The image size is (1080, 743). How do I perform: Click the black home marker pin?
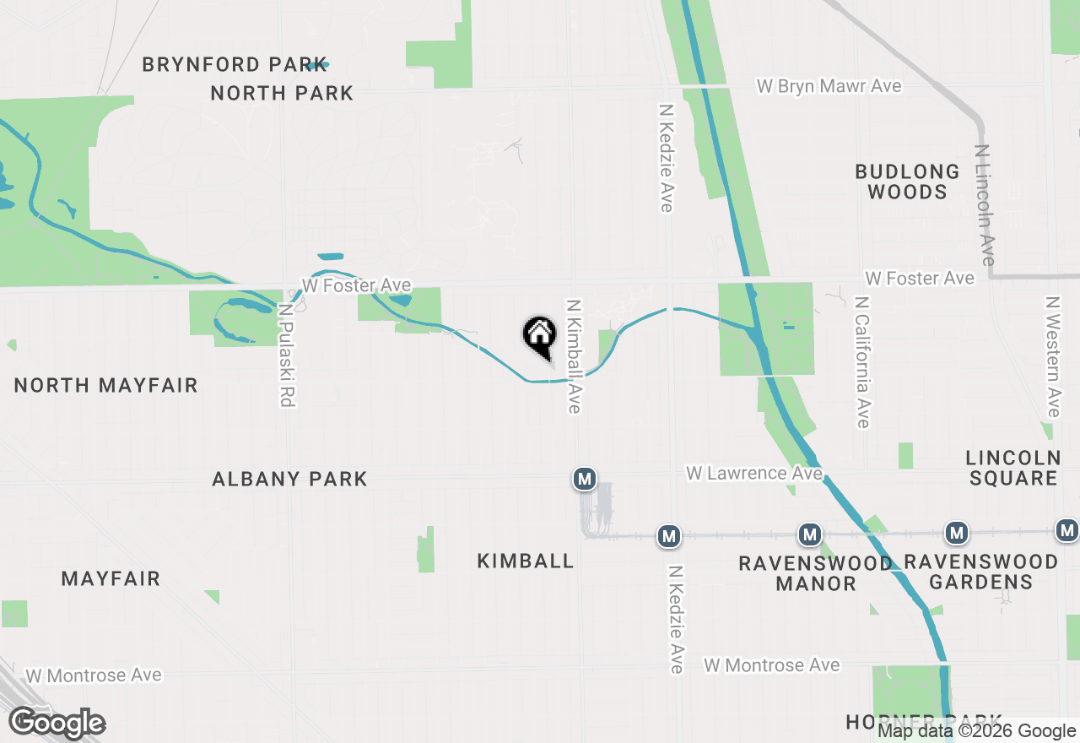[540, 336]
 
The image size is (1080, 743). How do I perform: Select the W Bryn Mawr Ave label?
[829, 86]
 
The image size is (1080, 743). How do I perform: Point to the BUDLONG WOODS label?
[907, 182]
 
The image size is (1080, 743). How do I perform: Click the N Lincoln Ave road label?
[984, 205]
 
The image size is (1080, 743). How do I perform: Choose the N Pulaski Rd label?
[285, 355]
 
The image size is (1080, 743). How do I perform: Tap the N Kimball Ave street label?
[574, 356]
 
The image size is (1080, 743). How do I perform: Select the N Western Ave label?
[1052, 356]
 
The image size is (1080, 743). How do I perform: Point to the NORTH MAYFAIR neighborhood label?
[106, 386]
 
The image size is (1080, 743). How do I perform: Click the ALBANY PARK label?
[289, 480]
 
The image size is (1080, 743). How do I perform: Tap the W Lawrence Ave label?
[753, 473]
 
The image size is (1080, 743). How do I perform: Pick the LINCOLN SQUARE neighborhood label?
[1012, 468]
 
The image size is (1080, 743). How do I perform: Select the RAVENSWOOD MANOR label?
[815, 572]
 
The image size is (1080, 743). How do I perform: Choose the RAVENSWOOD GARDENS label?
[980, 572]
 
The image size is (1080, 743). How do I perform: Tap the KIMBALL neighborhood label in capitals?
[525, 561]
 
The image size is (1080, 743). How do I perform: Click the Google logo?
[57, 724]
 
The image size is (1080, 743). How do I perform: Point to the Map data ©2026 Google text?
[976, 731]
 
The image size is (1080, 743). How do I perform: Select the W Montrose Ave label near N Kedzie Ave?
[773, 665]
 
